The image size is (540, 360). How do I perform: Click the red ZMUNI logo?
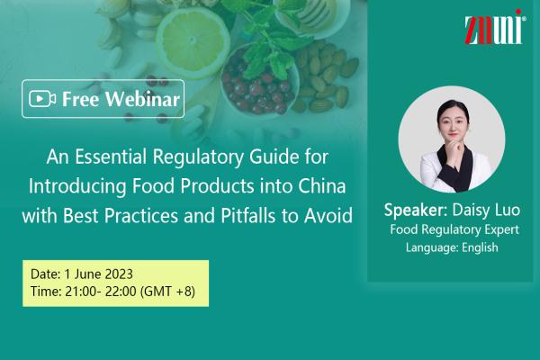[494, 27]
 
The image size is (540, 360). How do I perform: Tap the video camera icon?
[42, 99]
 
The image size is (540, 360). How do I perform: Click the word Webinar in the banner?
[142, 99]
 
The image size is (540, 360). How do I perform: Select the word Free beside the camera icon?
[81, 99]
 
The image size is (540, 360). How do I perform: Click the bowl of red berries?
[260, 83]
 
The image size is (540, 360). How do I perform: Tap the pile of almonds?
[324, 77]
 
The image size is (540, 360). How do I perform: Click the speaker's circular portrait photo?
[452, 139]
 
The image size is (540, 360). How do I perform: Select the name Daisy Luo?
[486, 210]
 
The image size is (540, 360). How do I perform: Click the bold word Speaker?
[415, 210]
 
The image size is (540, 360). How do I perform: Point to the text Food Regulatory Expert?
[454, 229]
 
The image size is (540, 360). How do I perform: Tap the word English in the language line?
[480, 247]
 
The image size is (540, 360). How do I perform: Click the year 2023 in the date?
[119, 274]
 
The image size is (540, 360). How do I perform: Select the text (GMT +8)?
[167, 292]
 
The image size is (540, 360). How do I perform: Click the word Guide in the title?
[274, 157]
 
